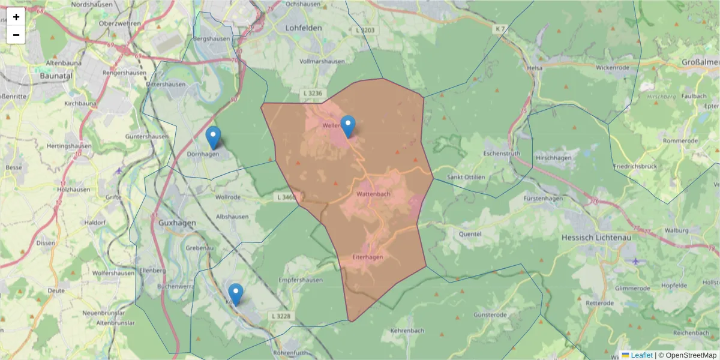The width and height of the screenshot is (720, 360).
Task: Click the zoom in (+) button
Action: pyautogui.click(x=16, y=17)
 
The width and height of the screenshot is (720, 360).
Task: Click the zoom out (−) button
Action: pyautogui.click(x=16, y=35)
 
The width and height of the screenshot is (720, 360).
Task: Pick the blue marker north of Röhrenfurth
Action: pyautogui.click(x=236, y=295)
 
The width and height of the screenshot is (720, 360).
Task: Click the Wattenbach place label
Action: pyautogui.click(x=373, y=194)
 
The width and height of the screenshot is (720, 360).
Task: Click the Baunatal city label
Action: pyautogui.click(x=56, y=76)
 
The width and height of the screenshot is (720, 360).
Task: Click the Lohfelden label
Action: pyautogui.click(x=304, y=28)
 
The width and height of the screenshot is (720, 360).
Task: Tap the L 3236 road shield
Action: pyautogui.click(x=313, y=94)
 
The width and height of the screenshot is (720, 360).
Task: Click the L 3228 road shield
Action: pyautogui.click(x=281, y=316)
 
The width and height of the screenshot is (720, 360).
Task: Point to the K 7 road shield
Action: pyautogui.click(x=500, y=29)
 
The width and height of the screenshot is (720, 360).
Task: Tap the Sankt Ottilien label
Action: pyautogui.click(x=466, y=177)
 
